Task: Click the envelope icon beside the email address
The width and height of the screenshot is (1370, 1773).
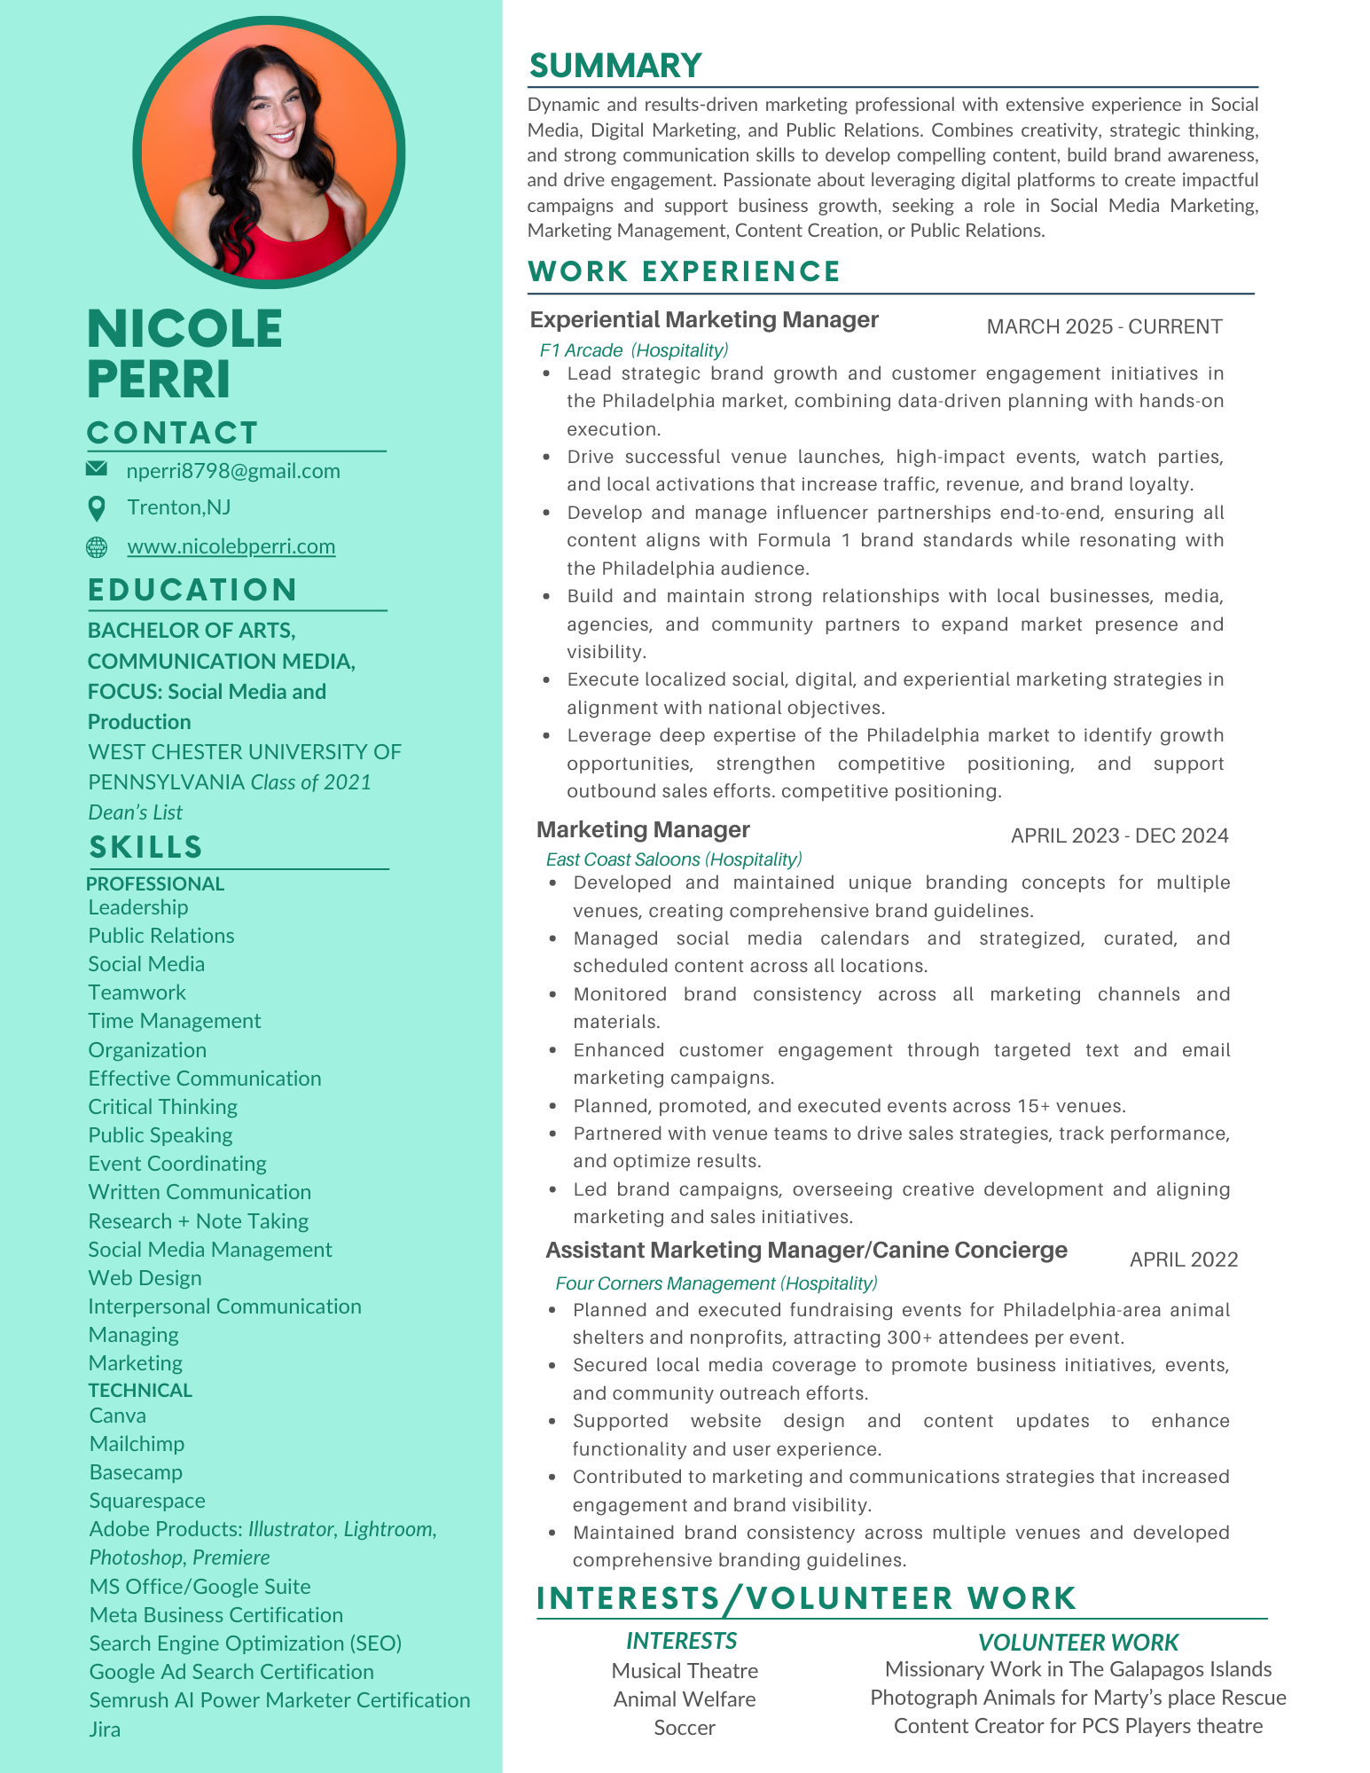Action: [x=97, y=468]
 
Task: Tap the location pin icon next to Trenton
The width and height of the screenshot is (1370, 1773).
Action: [x=97, y=508]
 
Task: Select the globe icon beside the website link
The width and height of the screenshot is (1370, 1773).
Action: [x=97, y=547]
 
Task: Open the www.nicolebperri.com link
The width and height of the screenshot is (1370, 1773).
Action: [x=231, y=546]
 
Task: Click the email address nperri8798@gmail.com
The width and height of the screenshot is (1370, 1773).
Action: [x=233, y=471]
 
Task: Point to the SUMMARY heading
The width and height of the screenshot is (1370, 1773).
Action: [x=615, y=66]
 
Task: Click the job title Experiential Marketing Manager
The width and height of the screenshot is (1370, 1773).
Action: [x=704, y=320]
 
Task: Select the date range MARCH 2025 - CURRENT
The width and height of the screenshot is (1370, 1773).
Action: [x=1104, y=326]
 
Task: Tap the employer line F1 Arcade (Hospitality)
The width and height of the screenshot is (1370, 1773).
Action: [x=634, y=350]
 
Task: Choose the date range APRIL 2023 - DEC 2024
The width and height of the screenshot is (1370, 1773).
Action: [x=1119, y=836]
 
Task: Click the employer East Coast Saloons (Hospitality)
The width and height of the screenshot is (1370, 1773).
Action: [x=674, y=859]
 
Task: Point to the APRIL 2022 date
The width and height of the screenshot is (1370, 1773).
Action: [x=1183, y=1259]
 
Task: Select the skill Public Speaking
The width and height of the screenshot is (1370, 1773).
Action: [x=160, y=1135]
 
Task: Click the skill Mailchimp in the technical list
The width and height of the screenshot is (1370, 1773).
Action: [x=137, y=1444]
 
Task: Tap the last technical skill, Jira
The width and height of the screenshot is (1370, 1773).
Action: [x=105, y=1729]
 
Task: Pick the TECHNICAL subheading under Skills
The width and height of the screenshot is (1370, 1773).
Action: [x=140, y=1390]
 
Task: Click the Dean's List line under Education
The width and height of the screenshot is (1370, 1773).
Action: [x=136, y=812]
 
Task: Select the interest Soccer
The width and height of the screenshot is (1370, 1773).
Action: [x=685, y=1728]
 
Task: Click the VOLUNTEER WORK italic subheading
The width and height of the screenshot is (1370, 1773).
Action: [x=1078, y=1643]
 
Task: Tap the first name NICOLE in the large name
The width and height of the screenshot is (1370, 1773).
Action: [x=185, y=329]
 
